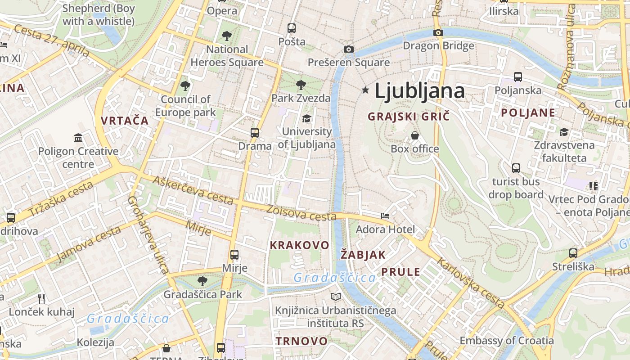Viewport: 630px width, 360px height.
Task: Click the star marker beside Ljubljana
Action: point(365,90)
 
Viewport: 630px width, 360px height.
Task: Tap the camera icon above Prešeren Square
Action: point(348,49)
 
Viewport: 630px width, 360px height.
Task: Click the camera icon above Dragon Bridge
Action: point(438,32)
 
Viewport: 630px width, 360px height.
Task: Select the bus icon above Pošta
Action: point(292,28)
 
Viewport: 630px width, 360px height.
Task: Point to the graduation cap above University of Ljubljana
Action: point(306,118)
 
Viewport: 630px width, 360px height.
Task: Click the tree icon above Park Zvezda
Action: point(301,85)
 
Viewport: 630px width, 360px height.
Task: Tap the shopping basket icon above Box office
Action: point(414,135)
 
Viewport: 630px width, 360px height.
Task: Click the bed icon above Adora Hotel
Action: point(385,216)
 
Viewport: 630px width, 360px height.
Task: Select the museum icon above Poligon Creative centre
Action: point(78,138)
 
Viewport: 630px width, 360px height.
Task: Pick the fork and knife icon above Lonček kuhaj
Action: point(41,298)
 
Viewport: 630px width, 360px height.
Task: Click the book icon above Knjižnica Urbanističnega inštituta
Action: point(335,297)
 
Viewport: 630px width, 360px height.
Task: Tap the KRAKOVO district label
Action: point(299,245)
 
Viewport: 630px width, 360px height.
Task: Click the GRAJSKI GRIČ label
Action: point(409,117)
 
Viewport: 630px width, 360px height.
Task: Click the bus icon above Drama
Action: point(255,133)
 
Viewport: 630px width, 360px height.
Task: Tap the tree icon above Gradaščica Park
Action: point(202,281)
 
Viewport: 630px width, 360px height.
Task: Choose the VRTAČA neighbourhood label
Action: point(125,121)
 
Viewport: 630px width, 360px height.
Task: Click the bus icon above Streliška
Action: point(573,253)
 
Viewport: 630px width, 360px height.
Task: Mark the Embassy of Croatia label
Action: point(506,340)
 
